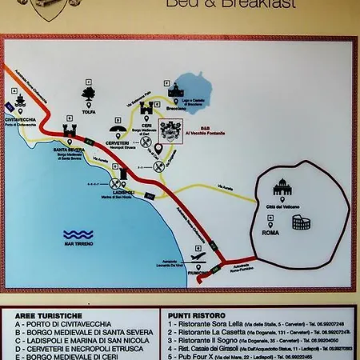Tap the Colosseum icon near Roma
(300, 222)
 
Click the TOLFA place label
(89, 113)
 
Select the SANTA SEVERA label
(70, 150)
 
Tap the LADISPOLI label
(122, 193)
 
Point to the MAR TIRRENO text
(78, 243)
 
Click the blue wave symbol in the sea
(78, 234)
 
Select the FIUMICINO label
(198, 273)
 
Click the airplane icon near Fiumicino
(198, 258)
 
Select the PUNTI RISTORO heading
(191, 315)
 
